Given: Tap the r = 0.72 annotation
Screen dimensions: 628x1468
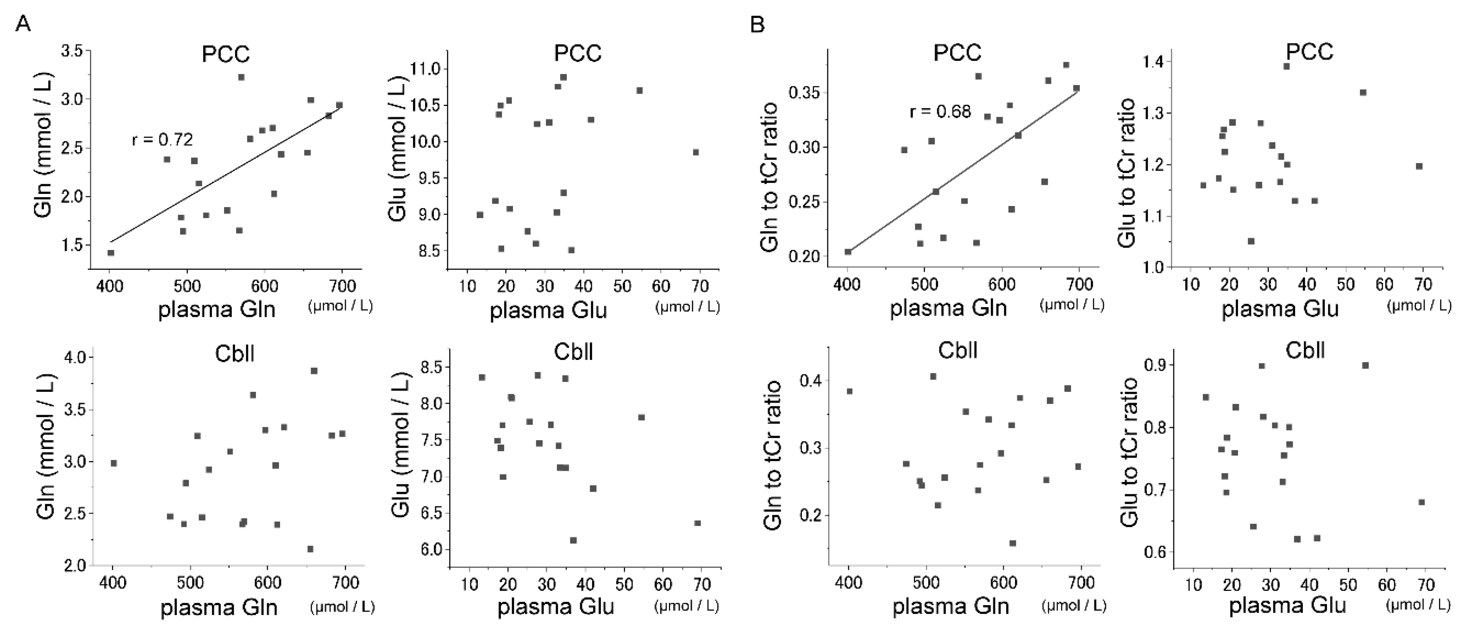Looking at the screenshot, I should (x=162, y=139).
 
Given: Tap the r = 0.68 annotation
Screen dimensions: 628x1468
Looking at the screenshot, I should (x=940, y=111).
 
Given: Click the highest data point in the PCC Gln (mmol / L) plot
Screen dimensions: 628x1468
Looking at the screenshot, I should (x=241, y=77).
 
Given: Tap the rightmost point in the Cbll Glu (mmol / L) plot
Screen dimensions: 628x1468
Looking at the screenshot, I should (x=698, y=522).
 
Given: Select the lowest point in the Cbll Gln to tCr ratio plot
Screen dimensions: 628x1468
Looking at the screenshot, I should (x=1013, y=543).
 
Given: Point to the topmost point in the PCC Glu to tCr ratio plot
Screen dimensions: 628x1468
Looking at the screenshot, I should (x=1286, y=66).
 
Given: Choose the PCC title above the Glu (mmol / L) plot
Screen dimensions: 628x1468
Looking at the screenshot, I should (x=577, y=54).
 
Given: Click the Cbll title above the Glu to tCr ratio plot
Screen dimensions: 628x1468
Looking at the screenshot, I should (x=1305, y=350).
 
